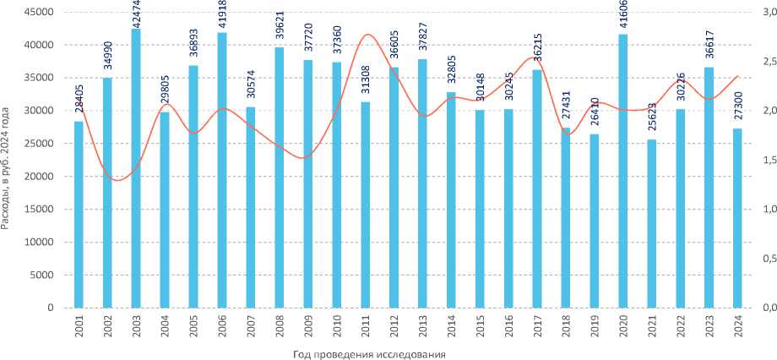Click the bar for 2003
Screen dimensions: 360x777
(x=136, y=169)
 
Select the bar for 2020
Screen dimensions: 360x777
(x=624, y=171)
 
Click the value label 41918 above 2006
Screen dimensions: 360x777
(x=222, y=15)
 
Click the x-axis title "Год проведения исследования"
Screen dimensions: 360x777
(x=370, y=352)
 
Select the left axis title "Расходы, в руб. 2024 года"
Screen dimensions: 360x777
(x=8, y=167)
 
